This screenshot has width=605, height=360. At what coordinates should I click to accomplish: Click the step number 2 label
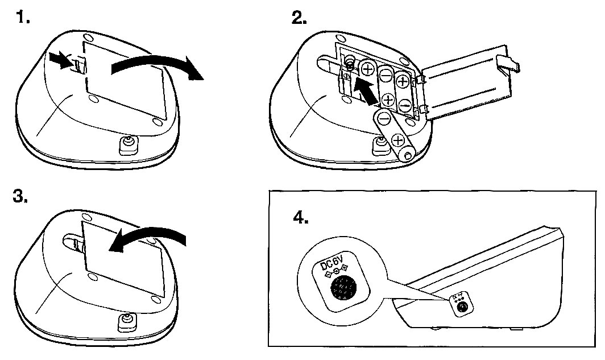point(299,18)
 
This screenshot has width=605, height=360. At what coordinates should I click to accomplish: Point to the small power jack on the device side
point(462,307)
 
